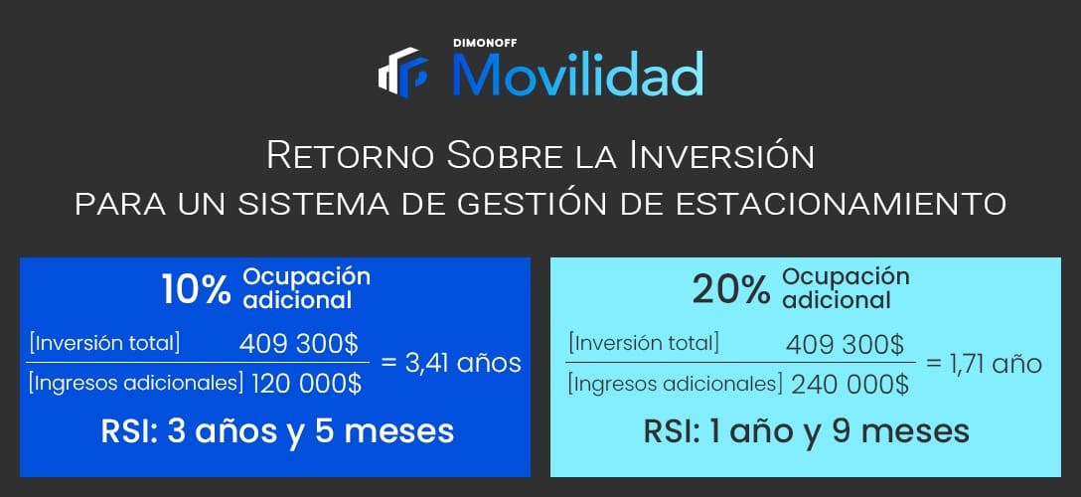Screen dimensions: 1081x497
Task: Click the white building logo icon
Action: pyautogui.click(x=402, y=72)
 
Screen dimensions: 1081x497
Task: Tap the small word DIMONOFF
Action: pyautogui.click(x=485, y=43)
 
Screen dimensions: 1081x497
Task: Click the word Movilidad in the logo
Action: pyautogui.click(x=577, y=74)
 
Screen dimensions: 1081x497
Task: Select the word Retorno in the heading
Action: pyautogui.click(x=352, y=156)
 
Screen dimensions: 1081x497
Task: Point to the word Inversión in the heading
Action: pyautogui.click(x=720, y=155)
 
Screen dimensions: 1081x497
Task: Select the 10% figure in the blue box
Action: pyautogui.click(x=197, y=289)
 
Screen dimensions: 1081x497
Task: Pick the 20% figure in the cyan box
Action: pyautogui.click(x=731, y=290)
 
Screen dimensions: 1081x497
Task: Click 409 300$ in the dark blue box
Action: pyautogui.click(x=298, y=343)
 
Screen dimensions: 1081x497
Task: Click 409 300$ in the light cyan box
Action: pyautogui.click(x=846, y=343)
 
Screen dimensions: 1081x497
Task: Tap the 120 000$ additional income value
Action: pyautogui.click(x=306, y=384)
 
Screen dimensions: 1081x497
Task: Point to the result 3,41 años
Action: pyautogui.click(x=451, y=363)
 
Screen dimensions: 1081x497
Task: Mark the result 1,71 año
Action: pyautogui.click(x=984, y=363)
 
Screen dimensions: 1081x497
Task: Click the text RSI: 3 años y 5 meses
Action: pyautogui.click(x=277, y=431)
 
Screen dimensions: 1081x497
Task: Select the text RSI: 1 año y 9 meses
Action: pyautogui.click(x=807, y=431)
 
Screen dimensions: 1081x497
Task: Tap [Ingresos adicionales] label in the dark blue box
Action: pyautogui.click(x=136, y=384)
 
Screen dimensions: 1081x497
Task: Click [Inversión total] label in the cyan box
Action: pyautogui.click(x=643, y=343)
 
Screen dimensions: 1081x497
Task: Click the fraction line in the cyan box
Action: pyautogui.click(x=740, y=362)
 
